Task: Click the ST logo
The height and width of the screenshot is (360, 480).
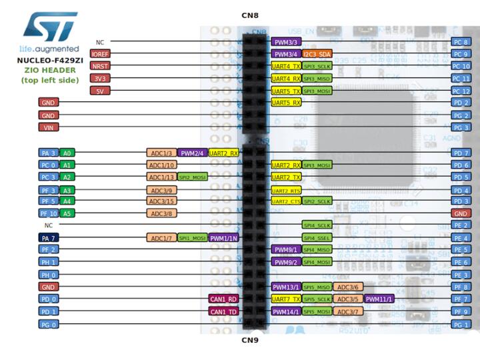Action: click(x=50, y=27)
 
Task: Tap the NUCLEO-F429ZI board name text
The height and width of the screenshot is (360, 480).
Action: click(x=49, y=60)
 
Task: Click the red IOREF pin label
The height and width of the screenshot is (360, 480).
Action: click(x=100, y=54)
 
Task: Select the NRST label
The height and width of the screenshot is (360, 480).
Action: click(x=100, y=66)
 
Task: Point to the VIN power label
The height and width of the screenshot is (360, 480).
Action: click(x=48, y=127)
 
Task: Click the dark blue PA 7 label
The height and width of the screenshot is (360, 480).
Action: click(x=49, y=237)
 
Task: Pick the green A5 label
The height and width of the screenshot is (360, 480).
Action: click(x=67, y=213)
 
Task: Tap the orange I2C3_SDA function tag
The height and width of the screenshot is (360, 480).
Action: click(x=317, y=54)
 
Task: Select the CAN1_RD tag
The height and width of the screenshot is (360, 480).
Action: click(x=223, y=299)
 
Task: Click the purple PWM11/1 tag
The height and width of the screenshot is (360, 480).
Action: click(x=379, y=299)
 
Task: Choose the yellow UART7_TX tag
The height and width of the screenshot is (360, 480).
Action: click(x=286, y=299)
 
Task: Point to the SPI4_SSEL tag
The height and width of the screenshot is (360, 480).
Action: click(x=317, y=237)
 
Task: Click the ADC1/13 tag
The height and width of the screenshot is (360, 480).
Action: click(x=161, y=177)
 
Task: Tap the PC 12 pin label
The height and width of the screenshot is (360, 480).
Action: click(x=461, y=91)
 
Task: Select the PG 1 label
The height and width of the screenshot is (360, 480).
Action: click(x=461, y=324)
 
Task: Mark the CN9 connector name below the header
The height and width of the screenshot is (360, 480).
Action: click(x=249, y=340)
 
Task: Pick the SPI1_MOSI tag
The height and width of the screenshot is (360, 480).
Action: click(x=192, y=237)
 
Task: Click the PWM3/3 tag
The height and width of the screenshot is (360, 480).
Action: click(x=286, y=42)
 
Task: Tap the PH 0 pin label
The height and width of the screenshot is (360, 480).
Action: click(x=49, y=275)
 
